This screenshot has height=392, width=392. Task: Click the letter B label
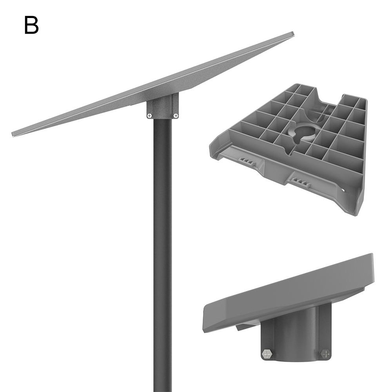31,25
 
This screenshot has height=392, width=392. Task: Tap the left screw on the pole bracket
149,116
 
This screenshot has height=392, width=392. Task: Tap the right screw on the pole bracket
176,116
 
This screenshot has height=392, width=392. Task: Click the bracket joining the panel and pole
163,106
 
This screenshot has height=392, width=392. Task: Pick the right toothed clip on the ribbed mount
301,181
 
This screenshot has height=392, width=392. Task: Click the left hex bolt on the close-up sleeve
267,354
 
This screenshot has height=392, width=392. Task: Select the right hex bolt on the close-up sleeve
325,354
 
